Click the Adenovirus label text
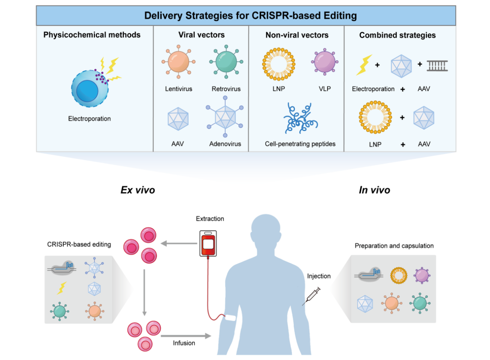point(225,144)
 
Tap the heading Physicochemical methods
point(92,35)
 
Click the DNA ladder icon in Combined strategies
point(437,65)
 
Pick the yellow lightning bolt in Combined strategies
point(363,65)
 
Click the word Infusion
point(184,342)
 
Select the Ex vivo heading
point(138,190)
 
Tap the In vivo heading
point(374,190)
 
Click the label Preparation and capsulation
point(394,246)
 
